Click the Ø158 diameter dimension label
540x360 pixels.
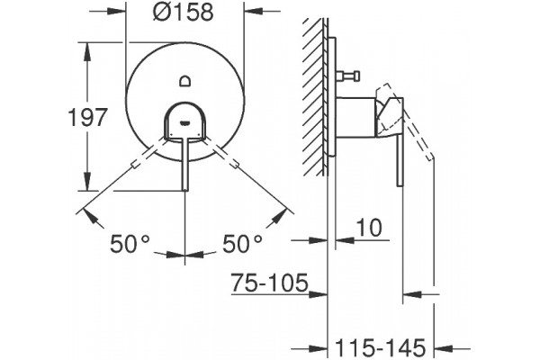click(x=184, y=13)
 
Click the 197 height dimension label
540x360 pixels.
click(x=88, y=117)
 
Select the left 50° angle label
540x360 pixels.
click(x=130, y=244)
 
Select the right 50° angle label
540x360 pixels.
click(x=242, y=244)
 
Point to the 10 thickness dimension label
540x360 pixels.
click(x=369, y=228)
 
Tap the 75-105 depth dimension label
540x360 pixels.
click(x=269, y=283)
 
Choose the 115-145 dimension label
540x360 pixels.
click(x=380, y=348)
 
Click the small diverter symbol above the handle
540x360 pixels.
click(x=184, y=81)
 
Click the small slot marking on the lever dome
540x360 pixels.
click(x=184, y=121)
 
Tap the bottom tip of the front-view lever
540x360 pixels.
click(x=184, y=190)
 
